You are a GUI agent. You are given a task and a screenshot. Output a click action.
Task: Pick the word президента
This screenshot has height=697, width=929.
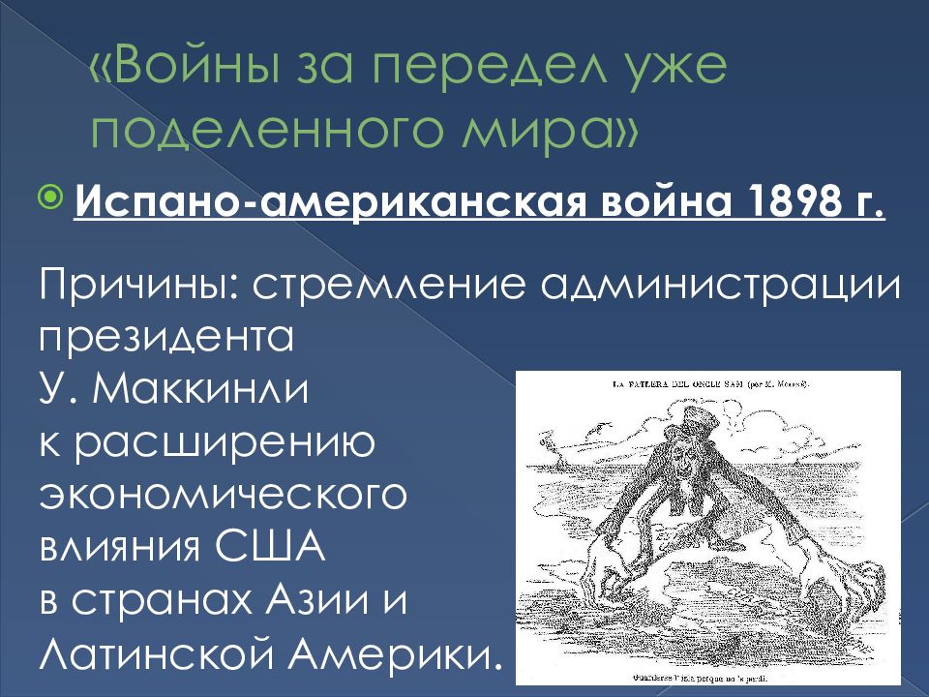click(x=165, y=340)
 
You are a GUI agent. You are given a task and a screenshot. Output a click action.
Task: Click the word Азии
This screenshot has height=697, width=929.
click(x=335, y=603)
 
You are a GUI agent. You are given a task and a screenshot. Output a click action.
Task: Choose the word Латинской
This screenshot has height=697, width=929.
click(x=165, y=655)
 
